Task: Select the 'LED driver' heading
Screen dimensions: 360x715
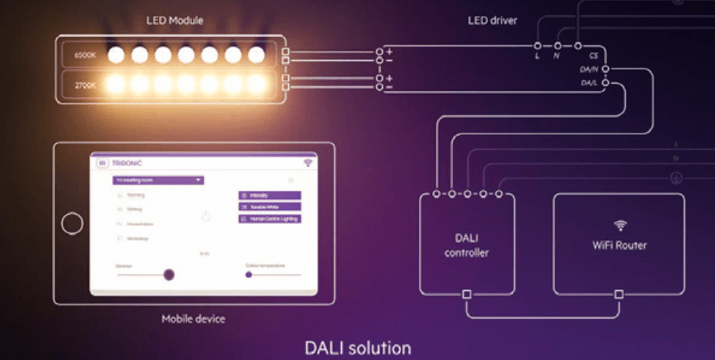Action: pyautogui.click(x=494, y=19)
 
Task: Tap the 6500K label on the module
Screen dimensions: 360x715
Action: pyautogui.click(x=85, y=55)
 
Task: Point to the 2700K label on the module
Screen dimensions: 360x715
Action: pyautogui.click(x=85, y=84)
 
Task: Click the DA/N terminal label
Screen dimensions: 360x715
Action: pyautogui.click(x=589, y=69)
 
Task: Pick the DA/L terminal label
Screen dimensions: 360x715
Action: pyautogui.click(x=590, y=82)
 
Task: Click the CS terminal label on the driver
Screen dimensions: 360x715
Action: pyautogui.click(x=594, y=56)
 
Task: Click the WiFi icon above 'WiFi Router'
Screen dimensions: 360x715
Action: pyautogui.click(x=620, y=225)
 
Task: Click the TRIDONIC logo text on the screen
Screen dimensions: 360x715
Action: pyautogui.click(x=127, y=163)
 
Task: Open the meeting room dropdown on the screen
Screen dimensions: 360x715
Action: pyautogui.click(x=158, y=180)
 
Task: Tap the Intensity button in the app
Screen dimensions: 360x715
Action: pyautogui.click(x=269, y=195)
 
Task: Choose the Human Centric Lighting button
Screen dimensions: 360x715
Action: pyautogui.click(x=269, y=218)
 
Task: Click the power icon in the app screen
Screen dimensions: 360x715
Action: pyautogui.click(x=206, y=217)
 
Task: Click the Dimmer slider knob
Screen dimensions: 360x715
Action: pyautogui.click(x=168, y=274)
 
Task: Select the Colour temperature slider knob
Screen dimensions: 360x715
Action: pyautogui.click(x=248, y=274)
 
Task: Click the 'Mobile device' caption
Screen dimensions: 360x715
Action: pyautogui.click(x=193, y=318)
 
